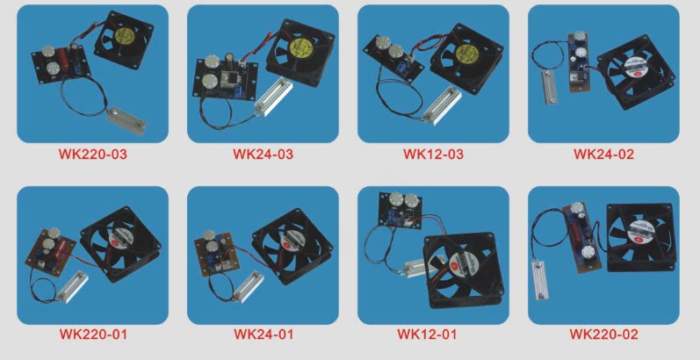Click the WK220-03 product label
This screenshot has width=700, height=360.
(x=93, y=155)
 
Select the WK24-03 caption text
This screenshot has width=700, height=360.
(x=263, y=155)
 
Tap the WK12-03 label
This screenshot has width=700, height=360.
(x=433, y=155)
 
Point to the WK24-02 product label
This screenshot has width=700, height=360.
(x=603, y=155)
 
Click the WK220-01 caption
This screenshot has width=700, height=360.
(x=93, y=335)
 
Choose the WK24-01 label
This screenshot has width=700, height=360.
(x=263, y=335)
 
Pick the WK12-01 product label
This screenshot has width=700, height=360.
(x=427, y=335)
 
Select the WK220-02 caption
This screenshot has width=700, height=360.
(x=603, y=335)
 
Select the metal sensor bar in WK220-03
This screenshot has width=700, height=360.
(x=126, y=120)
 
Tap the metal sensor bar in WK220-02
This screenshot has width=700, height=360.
(x=540, y=280)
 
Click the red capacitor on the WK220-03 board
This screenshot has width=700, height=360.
(x=58, y=66)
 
